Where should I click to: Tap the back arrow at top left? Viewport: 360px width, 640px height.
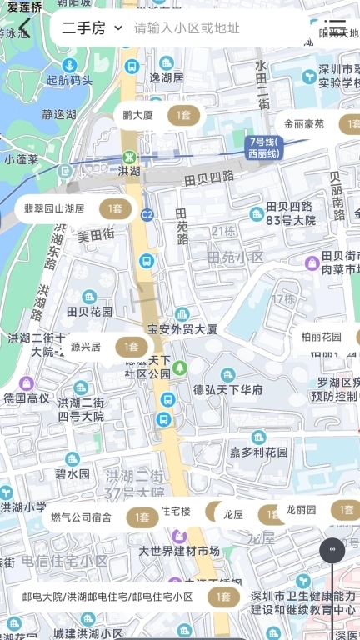point(25,27)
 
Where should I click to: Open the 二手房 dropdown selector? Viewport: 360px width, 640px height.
point(92,28)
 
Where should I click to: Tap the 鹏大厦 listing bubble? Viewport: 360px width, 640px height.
point(158,116)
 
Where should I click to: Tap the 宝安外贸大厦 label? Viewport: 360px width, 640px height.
point(182,329)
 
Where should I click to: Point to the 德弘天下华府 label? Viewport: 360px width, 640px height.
point(228,389)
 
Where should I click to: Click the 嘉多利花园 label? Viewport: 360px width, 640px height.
point(258,452)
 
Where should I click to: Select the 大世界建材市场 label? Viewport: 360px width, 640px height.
point(178,551)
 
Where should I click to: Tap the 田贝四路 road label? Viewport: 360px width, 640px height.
point(209,177)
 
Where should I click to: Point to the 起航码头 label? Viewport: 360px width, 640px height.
point(70,81)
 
